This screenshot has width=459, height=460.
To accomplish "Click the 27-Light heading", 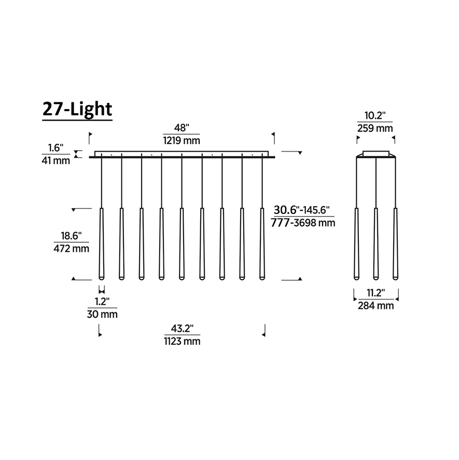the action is pyautogui.click(x=77, y=109).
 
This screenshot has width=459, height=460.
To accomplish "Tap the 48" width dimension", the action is pyautogui.click(x=182, y=128).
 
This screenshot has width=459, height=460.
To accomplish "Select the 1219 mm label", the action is pyautogui.click(x=182, y=140).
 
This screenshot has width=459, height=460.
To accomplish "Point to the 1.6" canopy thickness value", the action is pyautogui.click(x=55, y=147).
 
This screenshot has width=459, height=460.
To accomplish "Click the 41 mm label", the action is pyautogui.click(x=55, y=160).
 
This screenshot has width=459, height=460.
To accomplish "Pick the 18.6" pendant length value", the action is pyautogui.click(x=71, y=236).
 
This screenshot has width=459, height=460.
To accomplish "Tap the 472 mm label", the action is pyautogui.click(x=71, y=249).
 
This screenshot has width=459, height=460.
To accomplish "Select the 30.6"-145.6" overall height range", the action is pyautogui.click(x=302, y=210).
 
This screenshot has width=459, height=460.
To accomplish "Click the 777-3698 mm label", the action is pyautogui.click(x=303, y=223).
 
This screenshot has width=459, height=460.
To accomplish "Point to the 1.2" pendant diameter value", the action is pyautogui.click(x=102, y=301).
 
